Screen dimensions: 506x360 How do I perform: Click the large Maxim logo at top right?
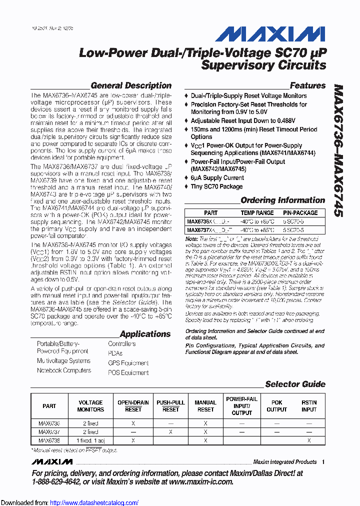269,34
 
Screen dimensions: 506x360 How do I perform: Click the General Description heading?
131,85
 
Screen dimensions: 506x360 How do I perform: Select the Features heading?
307,85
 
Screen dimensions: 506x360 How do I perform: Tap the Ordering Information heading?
283,200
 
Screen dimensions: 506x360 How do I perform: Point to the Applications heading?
145,334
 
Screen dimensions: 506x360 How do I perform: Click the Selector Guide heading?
295,384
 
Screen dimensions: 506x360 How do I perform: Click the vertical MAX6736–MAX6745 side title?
338,150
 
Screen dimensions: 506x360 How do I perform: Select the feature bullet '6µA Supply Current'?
217,177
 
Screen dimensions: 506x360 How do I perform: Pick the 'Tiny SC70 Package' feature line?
216,186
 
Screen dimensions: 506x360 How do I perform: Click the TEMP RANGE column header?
257,213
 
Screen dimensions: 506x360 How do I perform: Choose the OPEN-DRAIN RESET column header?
133,406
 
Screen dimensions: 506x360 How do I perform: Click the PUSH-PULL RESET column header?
170,406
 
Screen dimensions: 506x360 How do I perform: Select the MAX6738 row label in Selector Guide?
49,441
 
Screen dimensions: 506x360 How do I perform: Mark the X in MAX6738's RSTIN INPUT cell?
309,441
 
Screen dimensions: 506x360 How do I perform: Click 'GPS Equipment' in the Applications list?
128,363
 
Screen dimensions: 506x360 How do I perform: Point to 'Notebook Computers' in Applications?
64,370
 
